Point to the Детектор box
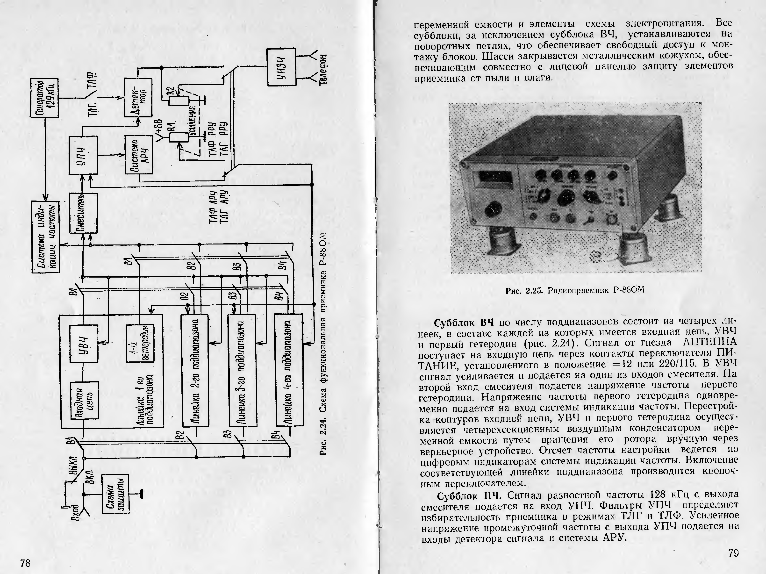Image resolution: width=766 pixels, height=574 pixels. (x=138, y=98)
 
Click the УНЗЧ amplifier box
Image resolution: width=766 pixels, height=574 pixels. (x=281, y=67)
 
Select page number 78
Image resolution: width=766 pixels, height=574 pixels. (x=25, y=563)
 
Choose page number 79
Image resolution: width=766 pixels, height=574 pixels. (x=733, y=553)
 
